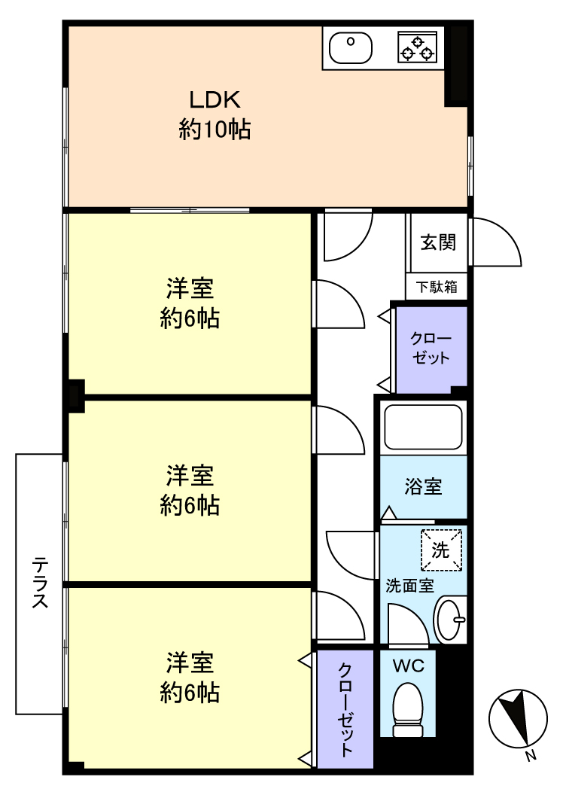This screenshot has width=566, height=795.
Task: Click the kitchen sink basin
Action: click(x=351, y=48)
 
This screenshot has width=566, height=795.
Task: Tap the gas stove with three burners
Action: click(x=416, y=47)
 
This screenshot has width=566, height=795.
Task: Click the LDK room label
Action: click(x=215, y=100)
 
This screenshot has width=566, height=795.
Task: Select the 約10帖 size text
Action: click(x=215, y=129)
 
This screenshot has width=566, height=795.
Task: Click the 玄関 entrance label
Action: click(x=438, y=242)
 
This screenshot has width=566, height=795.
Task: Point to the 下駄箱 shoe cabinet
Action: click(x=437, y=287)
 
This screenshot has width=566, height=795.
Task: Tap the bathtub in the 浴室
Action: click(x=423, y=426)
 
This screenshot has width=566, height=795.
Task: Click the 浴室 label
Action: click(x=423, y=487)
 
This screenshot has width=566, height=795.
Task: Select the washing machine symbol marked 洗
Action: click(x=441, y=550)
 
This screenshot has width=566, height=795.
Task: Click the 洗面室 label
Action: click(x=410, y=586)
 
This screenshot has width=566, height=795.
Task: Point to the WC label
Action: click(x=409, y=666)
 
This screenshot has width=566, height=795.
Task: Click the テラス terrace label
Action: click(x=41, y=583)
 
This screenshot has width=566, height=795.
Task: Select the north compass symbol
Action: click(x=518, y=718)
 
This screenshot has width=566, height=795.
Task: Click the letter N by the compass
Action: click(x=531, y=755)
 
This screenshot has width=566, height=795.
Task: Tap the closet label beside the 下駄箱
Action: click(x=431, y=349)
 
